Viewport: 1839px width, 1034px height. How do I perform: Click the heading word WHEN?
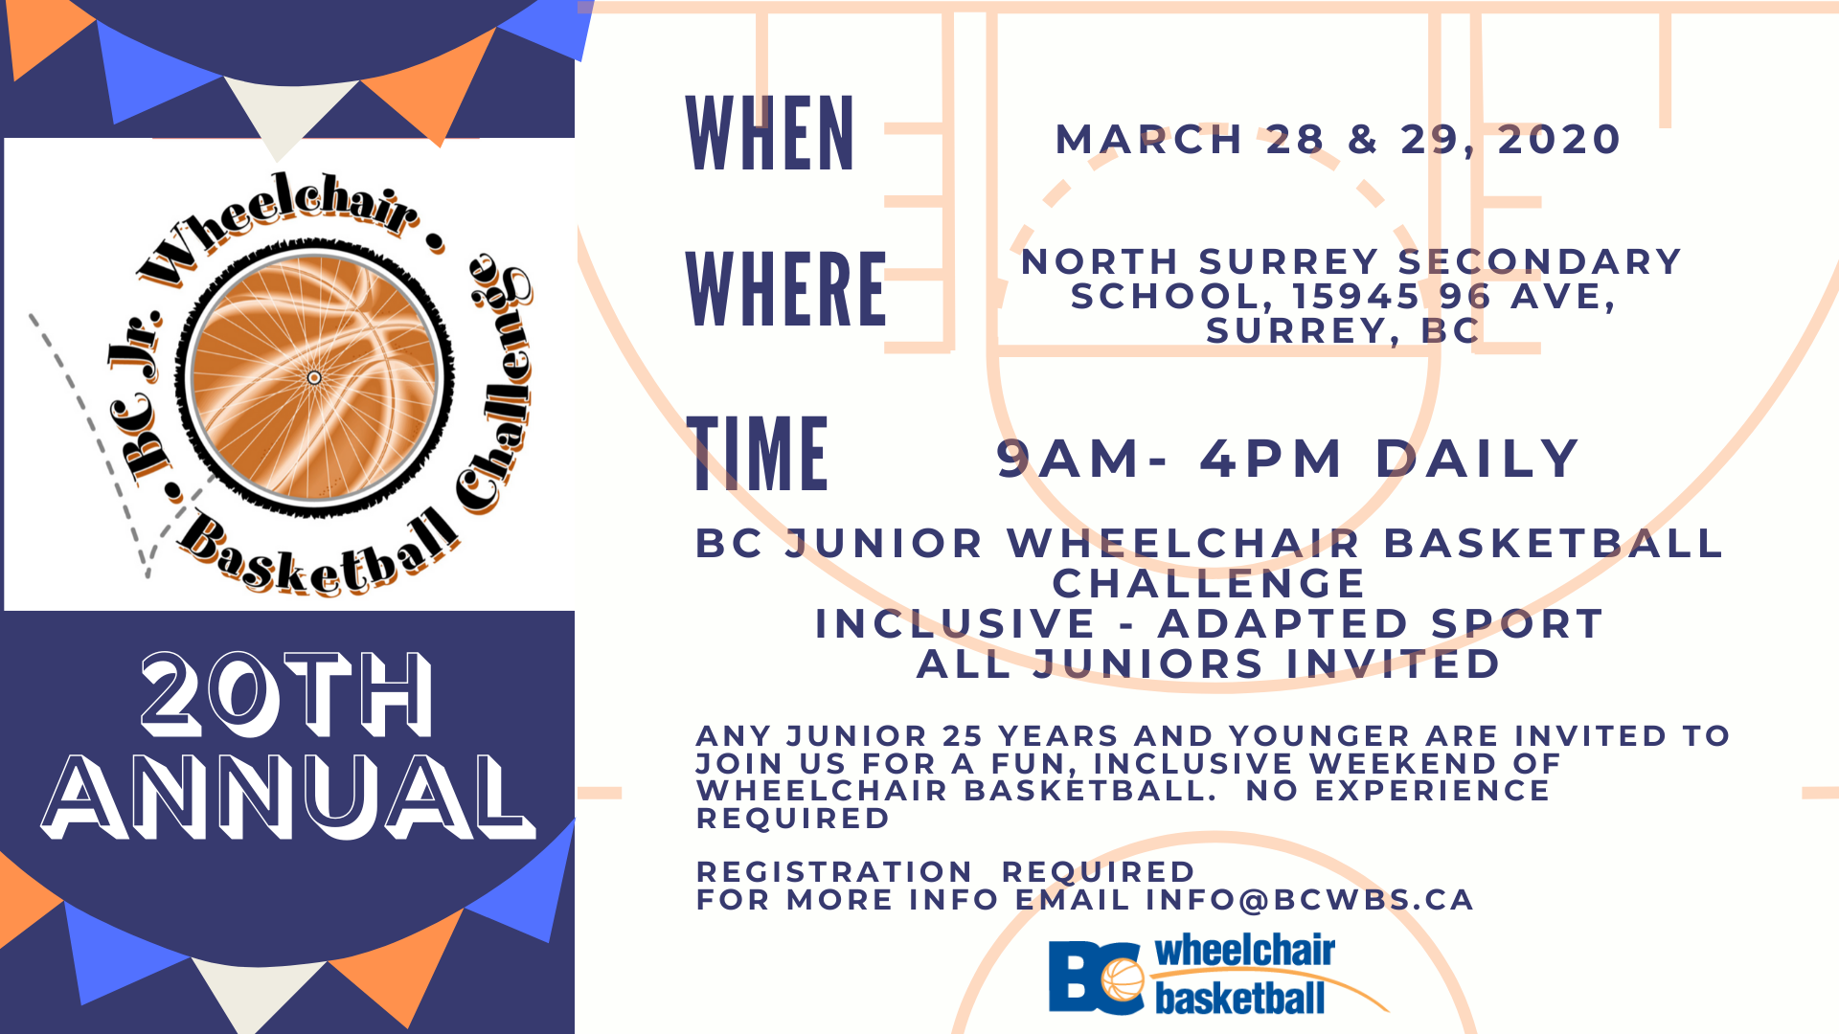click(770, 134)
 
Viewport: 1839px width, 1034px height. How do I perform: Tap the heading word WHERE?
click(786, 289)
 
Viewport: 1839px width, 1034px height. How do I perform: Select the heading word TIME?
click(758, 454)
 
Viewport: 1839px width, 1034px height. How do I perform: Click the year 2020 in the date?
click(1559, 140)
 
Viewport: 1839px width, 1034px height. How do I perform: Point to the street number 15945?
click(1355, 297)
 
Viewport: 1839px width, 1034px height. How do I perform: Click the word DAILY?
click(1478, 459)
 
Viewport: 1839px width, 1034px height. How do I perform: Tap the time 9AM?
click(1069, 459)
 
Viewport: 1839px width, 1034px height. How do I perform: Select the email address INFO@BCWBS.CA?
click(1309, 900)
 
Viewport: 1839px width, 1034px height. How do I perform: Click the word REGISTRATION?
click(834, 872)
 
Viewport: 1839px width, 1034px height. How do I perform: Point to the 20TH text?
click(286, 694)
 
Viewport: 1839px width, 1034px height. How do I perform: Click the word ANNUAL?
click(287, 797)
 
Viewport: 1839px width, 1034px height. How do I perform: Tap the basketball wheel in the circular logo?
click(314, 377)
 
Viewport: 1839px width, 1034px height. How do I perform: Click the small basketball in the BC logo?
click(1123, 979)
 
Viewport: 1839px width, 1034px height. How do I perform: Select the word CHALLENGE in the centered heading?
click(1209, 584)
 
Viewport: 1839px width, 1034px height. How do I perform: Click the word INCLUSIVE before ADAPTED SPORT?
click(955, 624)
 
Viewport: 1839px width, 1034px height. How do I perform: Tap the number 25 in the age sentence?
click(963, 736)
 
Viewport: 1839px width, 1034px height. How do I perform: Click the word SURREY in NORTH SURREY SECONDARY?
click(1288, 262)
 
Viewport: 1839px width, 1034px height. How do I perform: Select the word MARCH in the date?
click(1148, 140)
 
